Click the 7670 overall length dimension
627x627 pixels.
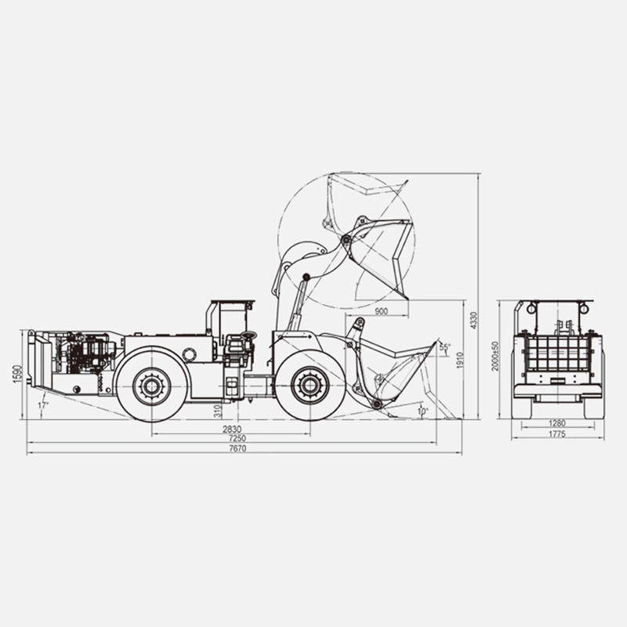click(x=237, y=448)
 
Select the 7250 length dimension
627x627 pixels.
click(x=237, y=439)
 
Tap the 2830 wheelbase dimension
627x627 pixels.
click(x=232, y=429)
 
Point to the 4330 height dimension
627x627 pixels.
click(x=473, y=321)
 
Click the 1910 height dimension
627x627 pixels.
click(x=459, y=361)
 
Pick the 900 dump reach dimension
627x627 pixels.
click(x=382, y=311)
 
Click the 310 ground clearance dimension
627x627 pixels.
click(x=218, y=411)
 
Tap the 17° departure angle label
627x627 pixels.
click(x=43, y=405)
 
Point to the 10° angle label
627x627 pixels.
click(x=422, y=411)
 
